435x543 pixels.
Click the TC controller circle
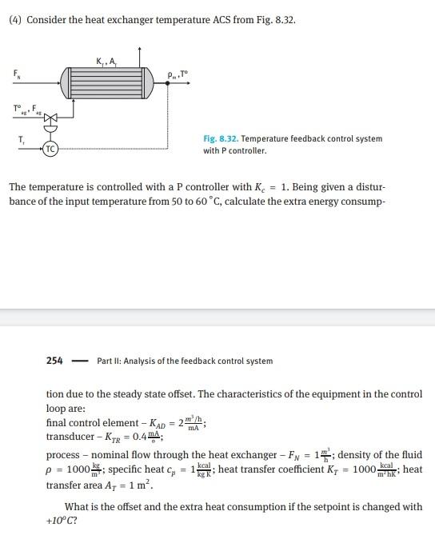[x=50, y=149]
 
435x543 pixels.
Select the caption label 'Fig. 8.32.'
[x=220, y=139]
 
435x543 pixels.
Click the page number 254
[x=55, y=361]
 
